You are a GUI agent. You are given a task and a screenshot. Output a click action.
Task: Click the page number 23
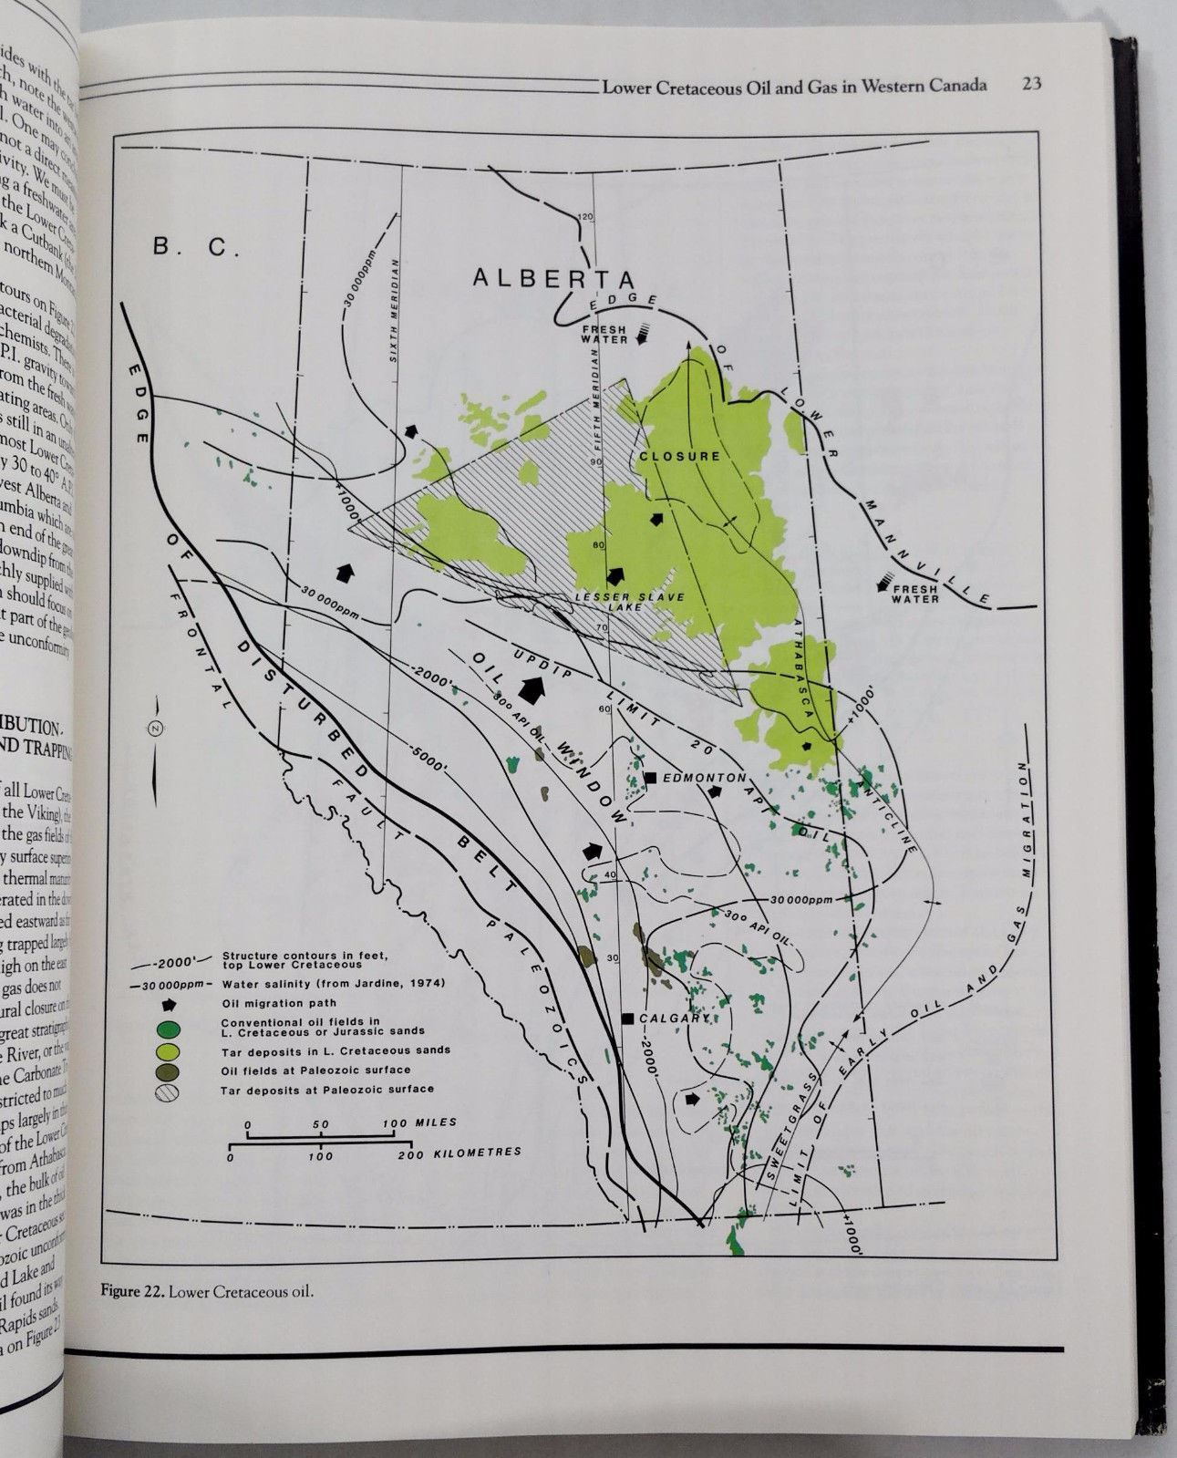(x=1032, y=85)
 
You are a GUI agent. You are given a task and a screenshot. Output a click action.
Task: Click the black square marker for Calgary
(x=627, y=1018)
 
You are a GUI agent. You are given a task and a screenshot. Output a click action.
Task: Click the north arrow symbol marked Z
(x=154, y=729)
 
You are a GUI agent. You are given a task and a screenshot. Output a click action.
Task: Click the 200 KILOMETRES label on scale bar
(x=465, y=1153)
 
